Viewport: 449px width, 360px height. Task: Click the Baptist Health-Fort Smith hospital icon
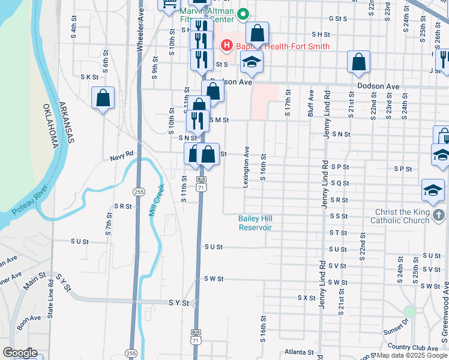click(227, 45)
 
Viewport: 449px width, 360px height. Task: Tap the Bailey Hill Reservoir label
click(255, 223)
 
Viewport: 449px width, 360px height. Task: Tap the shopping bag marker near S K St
click(103, 97)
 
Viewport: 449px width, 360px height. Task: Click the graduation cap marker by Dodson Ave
click(252, 62)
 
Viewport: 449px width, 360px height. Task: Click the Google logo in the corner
click(20, 353)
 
